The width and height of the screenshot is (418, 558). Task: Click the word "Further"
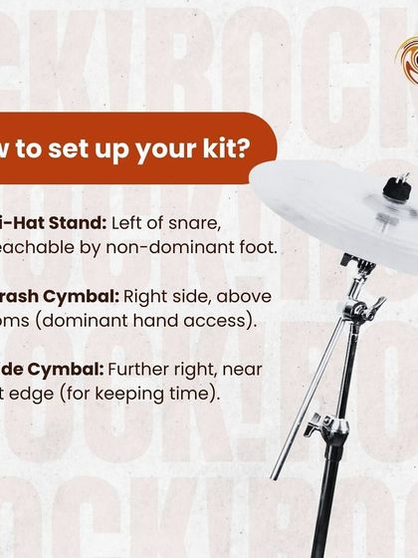[x=157, y=370]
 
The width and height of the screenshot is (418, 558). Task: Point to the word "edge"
[x=44, y=395]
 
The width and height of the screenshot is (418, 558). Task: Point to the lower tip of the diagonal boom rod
[x=277, y=475]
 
